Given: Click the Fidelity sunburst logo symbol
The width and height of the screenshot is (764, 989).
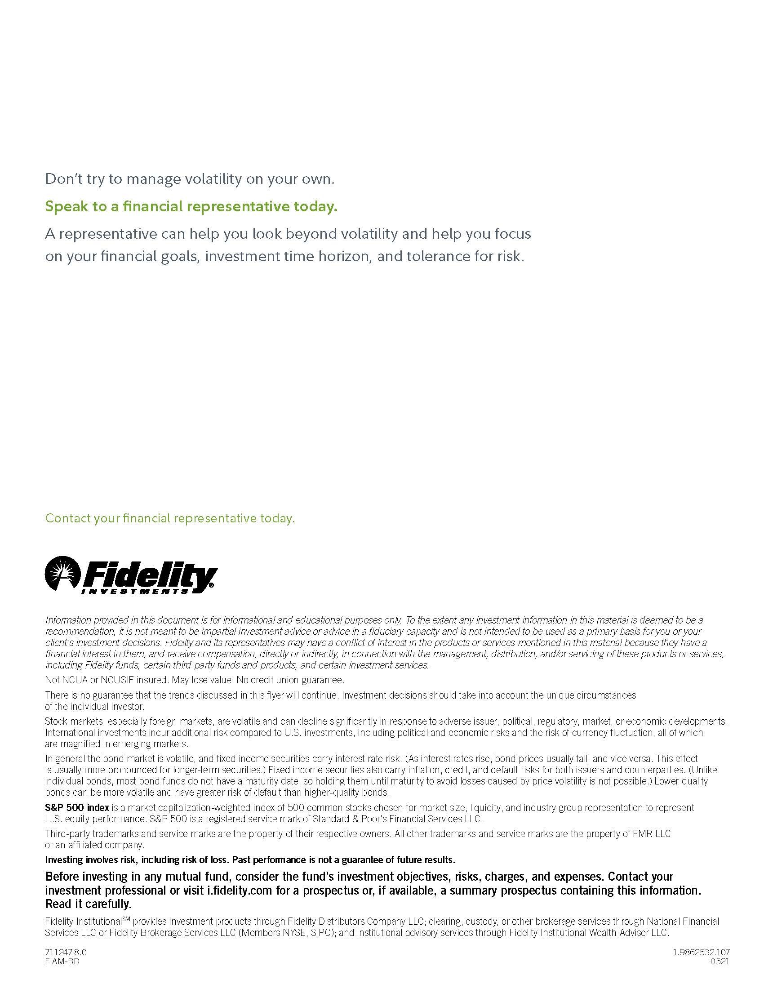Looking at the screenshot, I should (63, 573).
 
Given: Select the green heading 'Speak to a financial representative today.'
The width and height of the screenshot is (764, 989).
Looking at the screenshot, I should (191, 206).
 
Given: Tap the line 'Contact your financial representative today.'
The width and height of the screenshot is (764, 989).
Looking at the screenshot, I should (170, 518).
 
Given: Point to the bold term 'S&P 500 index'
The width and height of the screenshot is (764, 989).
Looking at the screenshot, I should (77, 807).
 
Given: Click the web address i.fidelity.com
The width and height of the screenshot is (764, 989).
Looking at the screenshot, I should (240, 890).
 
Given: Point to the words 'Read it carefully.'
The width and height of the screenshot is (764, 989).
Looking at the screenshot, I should (88, 904).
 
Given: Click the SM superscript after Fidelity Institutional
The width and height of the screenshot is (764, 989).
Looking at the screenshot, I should (126, 918).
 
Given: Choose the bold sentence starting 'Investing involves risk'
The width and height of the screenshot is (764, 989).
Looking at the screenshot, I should (250, 860).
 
